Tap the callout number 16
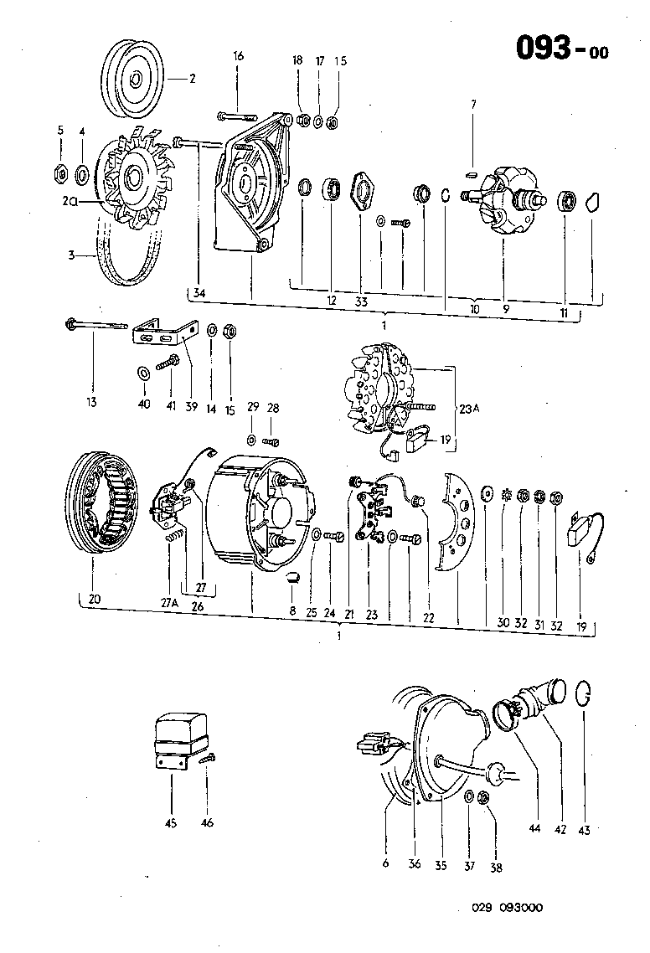(x=239, y=56)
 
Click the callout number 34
(x=199, y=292)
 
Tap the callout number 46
(x=207, y=822)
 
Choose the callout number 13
(x=91, y=401)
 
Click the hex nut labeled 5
(x=60, y=174)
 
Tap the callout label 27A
(x=171, y=600)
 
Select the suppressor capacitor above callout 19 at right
(x=586, y=527)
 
